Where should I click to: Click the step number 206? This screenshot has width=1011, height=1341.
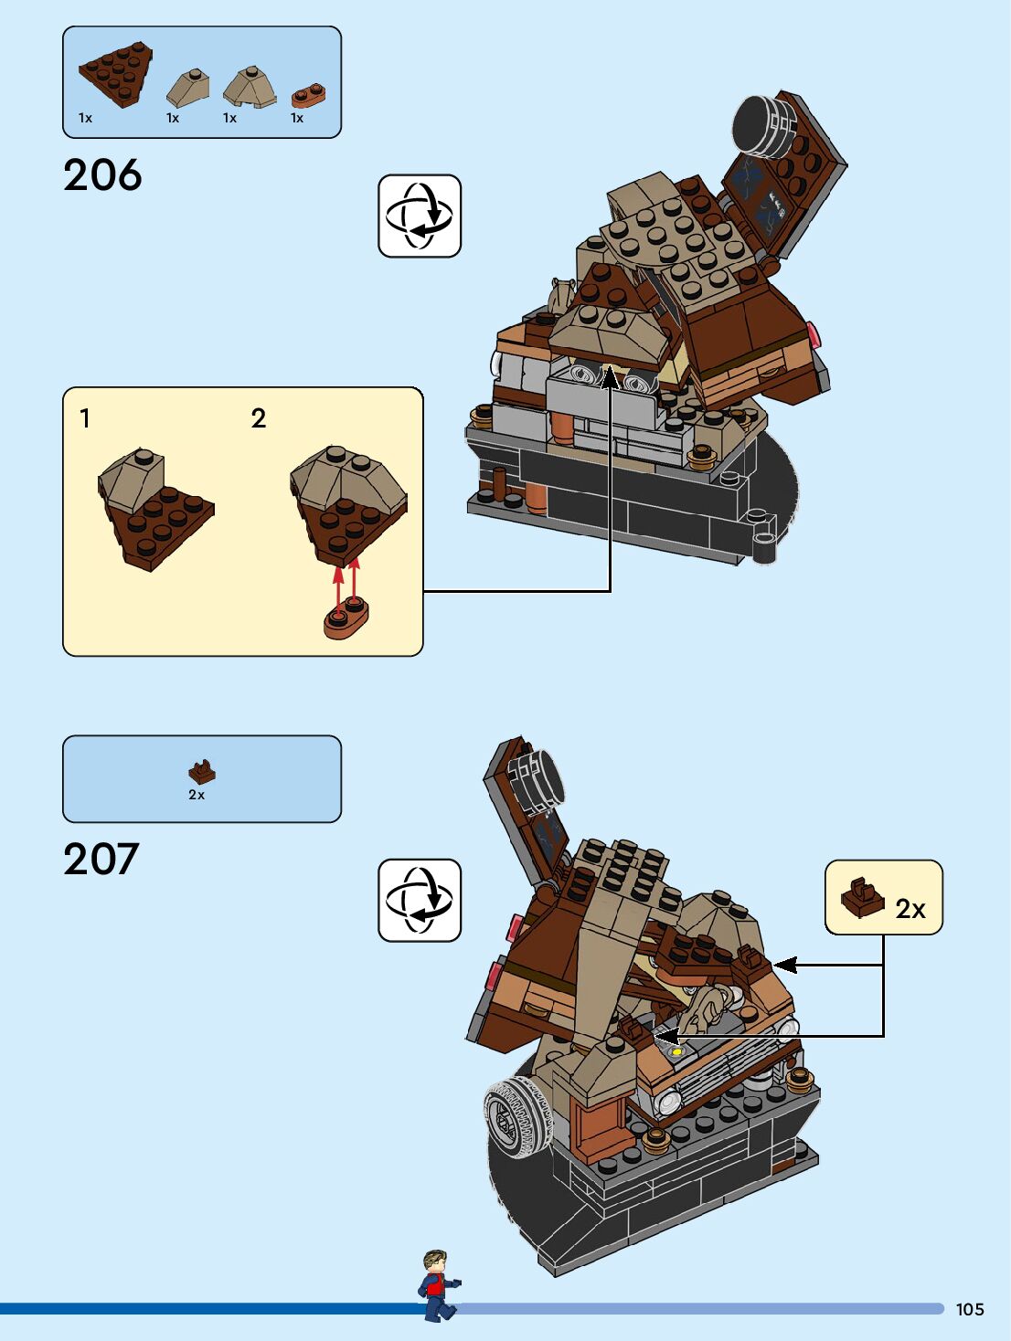click(102, 174)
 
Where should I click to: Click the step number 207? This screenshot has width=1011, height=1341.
click(101, 859)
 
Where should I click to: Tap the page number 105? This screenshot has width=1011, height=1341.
click(969, 1309)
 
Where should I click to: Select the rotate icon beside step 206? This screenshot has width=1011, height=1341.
click(420, 216)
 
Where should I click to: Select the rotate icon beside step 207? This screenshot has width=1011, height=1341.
click(420, 900)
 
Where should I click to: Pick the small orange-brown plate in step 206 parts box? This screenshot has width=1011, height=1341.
click(309, 95)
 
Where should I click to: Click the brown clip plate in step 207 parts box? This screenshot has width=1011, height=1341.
click(202, 772)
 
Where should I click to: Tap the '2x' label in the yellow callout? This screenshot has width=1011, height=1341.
click(910, 909)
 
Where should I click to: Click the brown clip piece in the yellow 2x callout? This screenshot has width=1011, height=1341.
click(862, 898)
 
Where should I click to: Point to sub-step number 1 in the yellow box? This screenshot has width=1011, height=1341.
click(85, 418)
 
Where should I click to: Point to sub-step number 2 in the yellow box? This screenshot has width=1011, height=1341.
click(259, 418)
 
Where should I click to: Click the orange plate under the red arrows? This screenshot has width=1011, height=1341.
click(346, 618)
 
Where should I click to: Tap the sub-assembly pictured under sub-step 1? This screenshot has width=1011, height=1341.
click(154, 507)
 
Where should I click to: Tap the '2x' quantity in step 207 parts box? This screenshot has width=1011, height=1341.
click(197, 795)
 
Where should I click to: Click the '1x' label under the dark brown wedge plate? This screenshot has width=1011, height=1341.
click(85, 118)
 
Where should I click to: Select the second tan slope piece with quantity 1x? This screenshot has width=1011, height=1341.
click(249, 87)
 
